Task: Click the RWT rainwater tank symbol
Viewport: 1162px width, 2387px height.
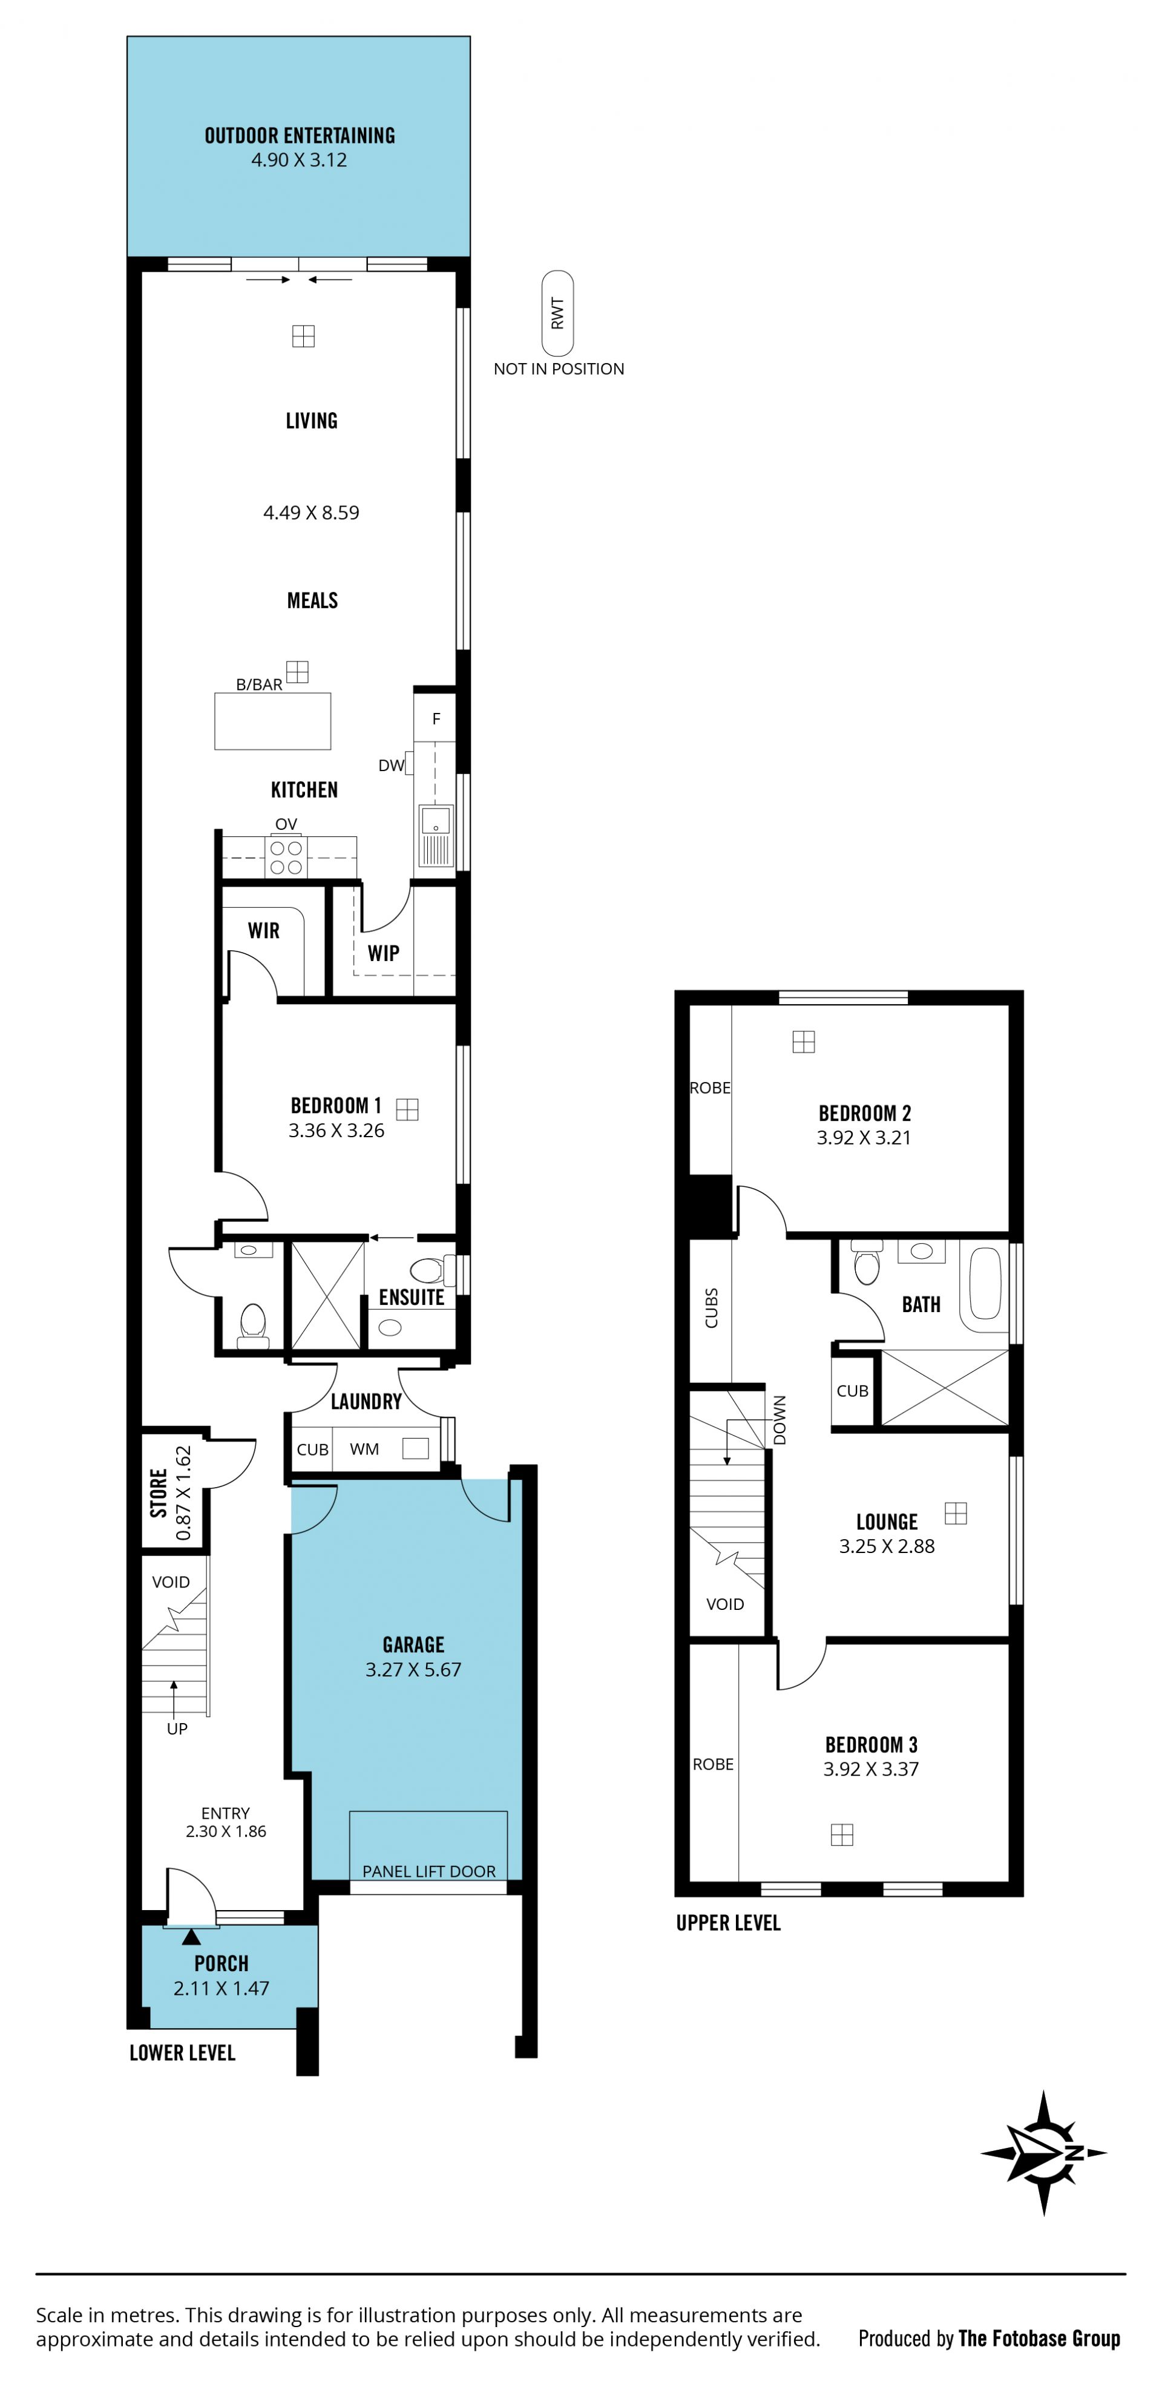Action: coord(558,313)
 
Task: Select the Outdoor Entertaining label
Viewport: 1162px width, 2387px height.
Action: coord(300,136)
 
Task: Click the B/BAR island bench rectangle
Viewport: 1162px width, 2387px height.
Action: coord(272,721)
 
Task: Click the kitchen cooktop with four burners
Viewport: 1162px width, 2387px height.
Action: coord(286,857)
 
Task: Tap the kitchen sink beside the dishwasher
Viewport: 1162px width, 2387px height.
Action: coord(436,835)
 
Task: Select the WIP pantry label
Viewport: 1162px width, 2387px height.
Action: coord(384,953)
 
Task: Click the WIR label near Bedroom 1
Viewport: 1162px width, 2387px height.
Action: coord(263,930)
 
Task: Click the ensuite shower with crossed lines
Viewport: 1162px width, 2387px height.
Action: coord(326,1295)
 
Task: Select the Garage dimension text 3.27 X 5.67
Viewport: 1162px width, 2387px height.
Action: coord(413,1669)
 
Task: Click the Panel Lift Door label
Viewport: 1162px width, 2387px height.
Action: coord(429,1871)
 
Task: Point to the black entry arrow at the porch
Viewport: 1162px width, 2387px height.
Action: coord(191,1936)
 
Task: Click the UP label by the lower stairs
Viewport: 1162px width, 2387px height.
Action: coord(177,1728)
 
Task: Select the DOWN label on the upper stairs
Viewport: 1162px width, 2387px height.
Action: coord(780,1420)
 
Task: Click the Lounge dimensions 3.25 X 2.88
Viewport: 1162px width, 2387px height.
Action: coord(887,1546)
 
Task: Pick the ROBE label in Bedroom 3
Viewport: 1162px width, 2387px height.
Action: coord(714,1764)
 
